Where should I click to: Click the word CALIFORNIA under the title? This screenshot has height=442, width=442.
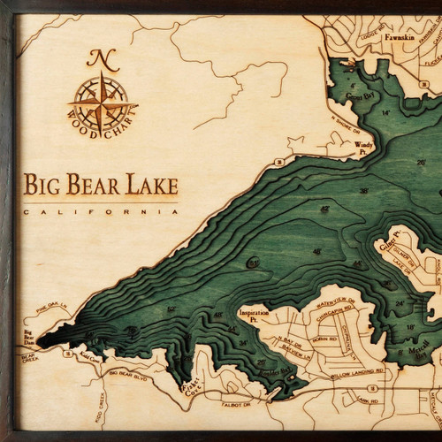(98, 213)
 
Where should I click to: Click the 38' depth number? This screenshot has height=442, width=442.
(363, 191)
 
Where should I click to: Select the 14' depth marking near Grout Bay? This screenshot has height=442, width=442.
(385, 113)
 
